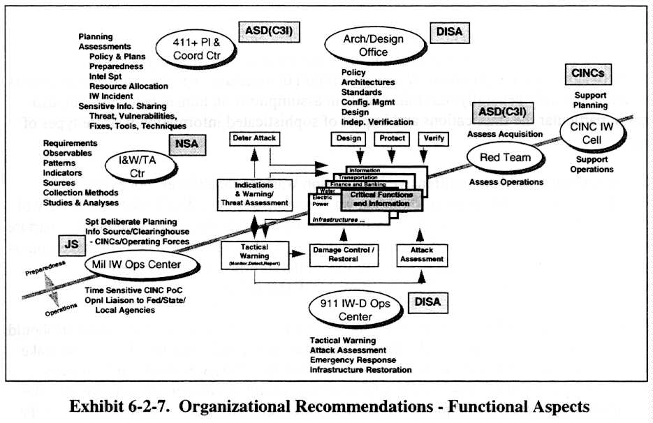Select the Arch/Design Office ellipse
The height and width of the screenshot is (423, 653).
374,45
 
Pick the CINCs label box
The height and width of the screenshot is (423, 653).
590,73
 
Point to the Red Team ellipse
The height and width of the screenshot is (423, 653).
506,158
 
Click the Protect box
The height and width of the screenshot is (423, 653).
392,138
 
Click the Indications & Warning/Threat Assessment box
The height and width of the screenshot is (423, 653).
254,193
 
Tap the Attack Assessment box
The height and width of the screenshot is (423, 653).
422,254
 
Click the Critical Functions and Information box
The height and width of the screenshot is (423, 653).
381,199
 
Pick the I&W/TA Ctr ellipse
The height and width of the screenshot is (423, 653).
135,165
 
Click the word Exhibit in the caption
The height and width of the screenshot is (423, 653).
100,406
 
